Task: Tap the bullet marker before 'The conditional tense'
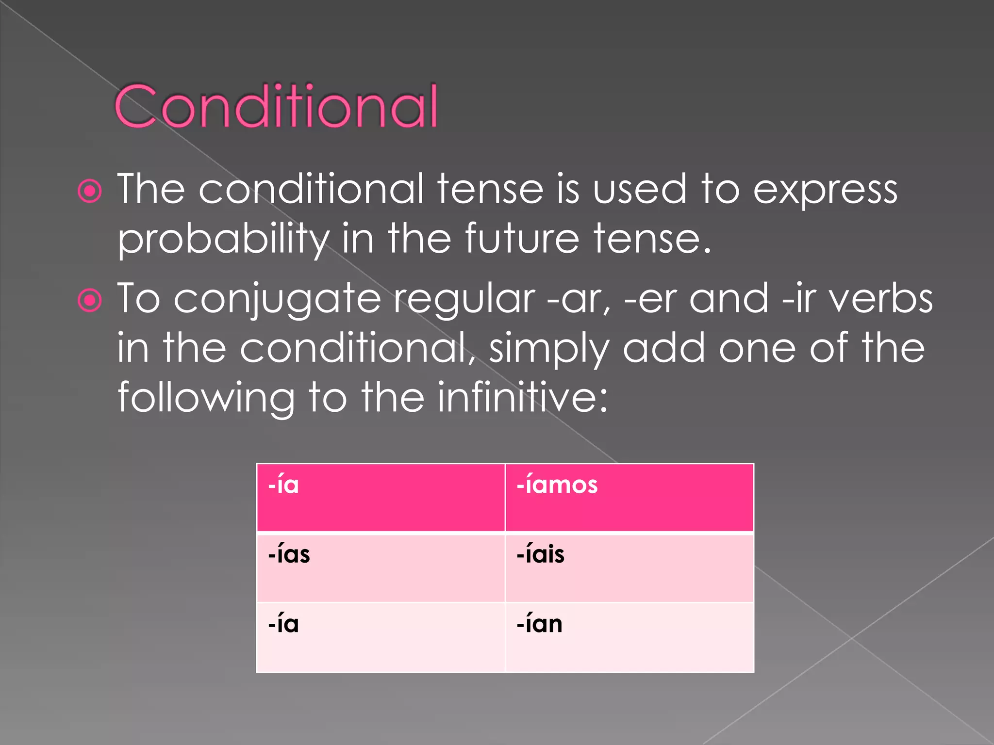90,192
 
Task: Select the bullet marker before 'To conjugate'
90,301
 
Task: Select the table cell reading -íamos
629,498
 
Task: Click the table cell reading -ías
381,567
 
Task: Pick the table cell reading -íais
629,567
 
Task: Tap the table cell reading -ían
629,637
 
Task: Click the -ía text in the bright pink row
283,485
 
